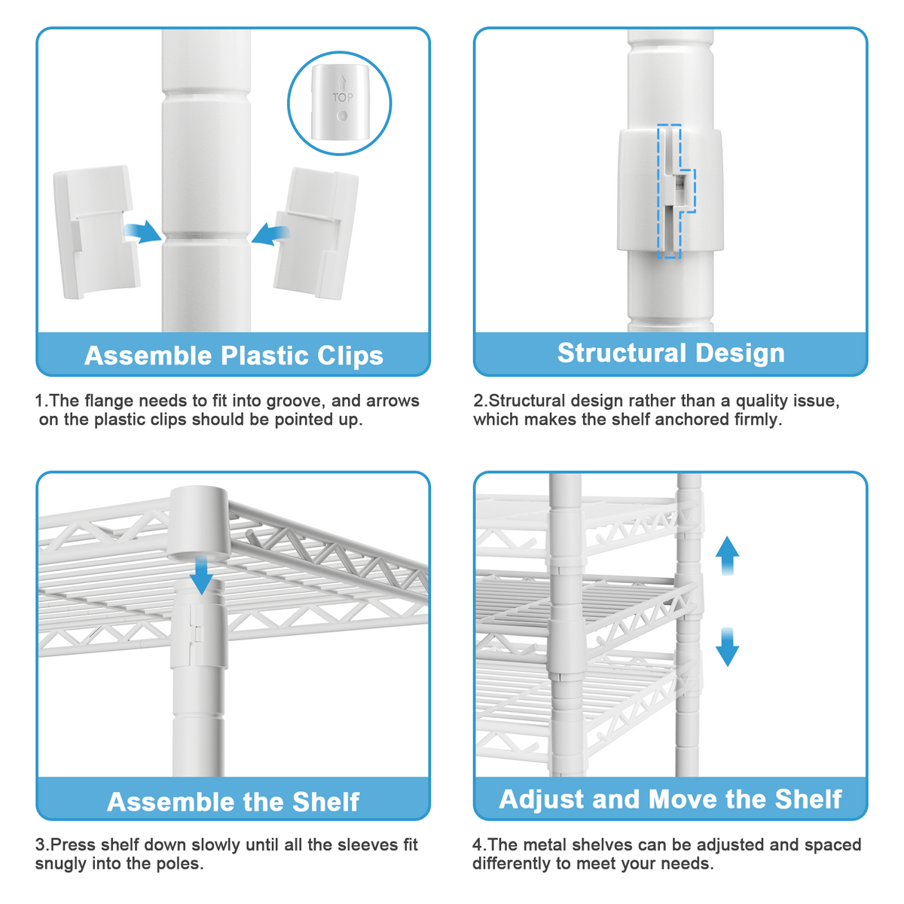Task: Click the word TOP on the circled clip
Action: coord(342,98)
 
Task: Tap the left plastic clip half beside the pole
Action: coord(96,231)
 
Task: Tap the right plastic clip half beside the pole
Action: coord(316,233)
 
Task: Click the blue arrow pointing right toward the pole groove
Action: coord(142,231)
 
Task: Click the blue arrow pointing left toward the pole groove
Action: coord(270,234)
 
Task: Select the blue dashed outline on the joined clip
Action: coord(676,191)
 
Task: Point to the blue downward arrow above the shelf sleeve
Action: coord(202,575)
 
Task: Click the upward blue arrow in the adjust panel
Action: coord(727,555)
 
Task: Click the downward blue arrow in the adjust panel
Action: coord(727,647)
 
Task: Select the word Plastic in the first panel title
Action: coord(266,355)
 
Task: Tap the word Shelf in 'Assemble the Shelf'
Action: coord(325,802)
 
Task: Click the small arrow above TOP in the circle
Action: coord(342,83)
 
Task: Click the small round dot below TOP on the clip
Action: coord(342,115)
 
